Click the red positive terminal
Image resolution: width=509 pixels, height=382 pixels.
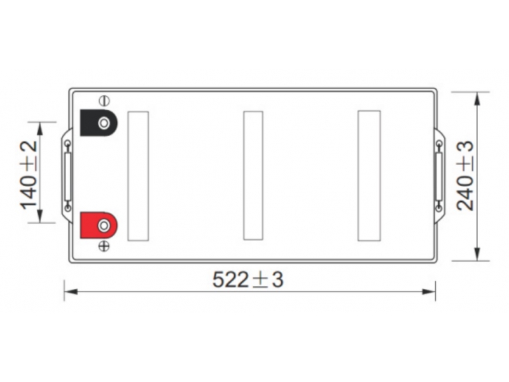pyautogui.click(x=99, y=225)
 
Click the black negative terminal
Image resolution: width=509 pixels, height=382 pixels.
pyautogui.click(x=99, y=123)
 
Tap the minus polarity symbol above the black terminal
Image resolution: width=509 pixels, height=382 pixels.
pyautogui.click(x=104, y=101)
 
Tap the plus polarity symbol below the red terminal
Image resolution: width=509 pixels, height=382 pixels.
pyautogui.click(x=104, y=246)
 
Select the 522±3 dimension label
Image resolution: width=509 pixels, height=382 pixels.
pyautogui.click(x=248, y=279)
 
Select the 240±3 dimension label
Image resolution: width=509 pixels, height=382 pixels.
pyautogui.click(x=465, y=176)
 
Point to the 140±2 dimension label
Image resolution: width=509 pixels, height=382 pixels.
pyautogui.click(x=29, y=176)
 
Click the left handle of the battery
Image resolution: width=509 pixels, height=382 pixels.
pyautogui.click(x=67, y=176)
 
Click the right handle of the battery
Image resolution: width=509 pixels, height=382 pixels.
pyautogui.click(x=439, y=176)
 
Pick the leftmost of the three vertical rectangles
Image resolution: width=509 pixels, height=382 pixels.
pyautogui.click(x=138, y=176)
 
